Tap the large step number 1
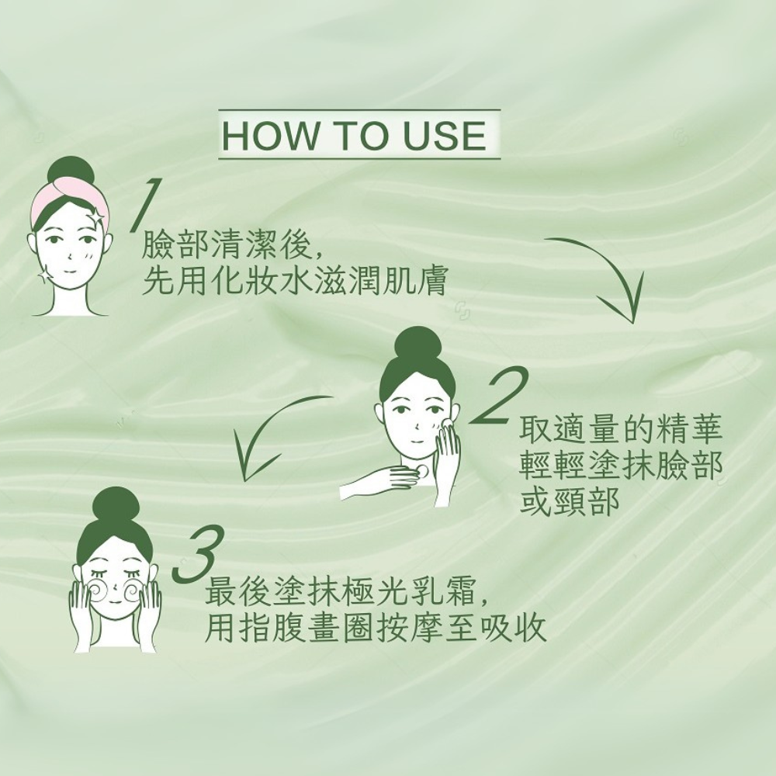point(144,205)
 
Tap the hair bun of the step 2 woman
point(417,345)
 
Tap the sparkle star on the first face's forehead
point(95,217)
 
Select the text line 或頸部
point(570,501)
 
